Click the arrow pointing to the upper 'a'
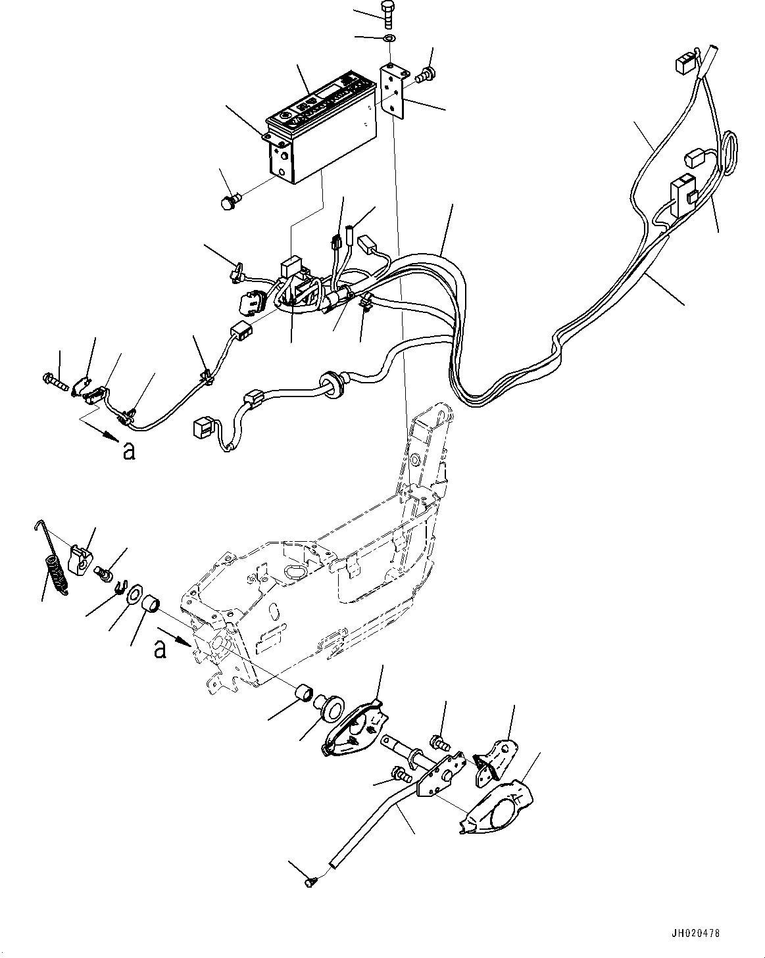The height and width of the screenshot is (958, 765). (100, 431)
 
